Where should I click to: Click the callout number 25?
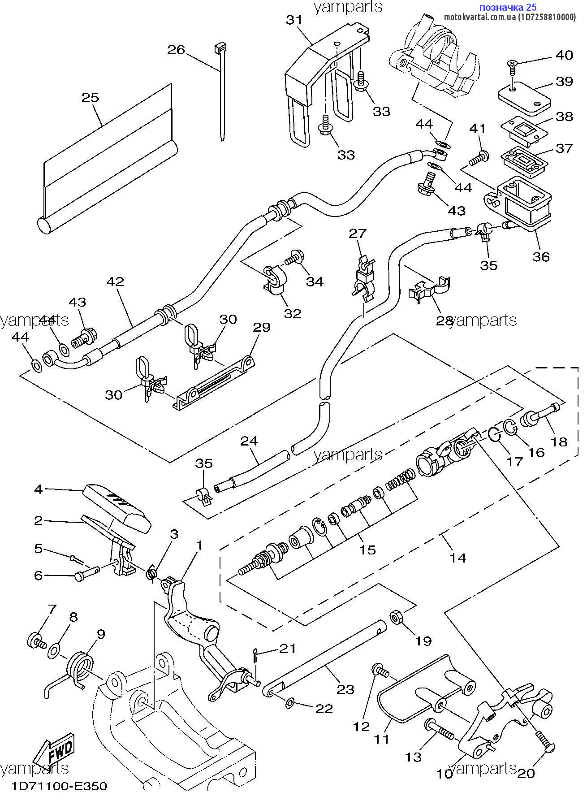pos(90,98)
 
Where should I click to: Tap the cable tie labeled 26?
pos(221,90)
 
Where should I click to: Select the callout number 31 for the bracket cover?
pos(294,20)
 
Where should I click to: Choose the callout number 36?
pos(541,256)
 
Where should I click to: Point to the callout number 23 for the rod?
pos(345,689)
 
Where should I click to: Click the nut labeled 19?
pos(396,618)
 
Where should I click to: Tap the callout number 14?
pos(458,558)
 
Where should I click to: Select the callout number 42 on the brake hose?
pos(115,282)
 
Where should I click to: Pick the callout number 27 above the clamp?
pos(358,233)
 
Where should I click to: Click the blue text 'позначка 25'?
pos(508,7)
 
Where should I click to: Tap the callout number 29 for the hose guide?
pos(262,327)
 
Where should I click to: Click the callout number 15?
pos(367,550)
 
